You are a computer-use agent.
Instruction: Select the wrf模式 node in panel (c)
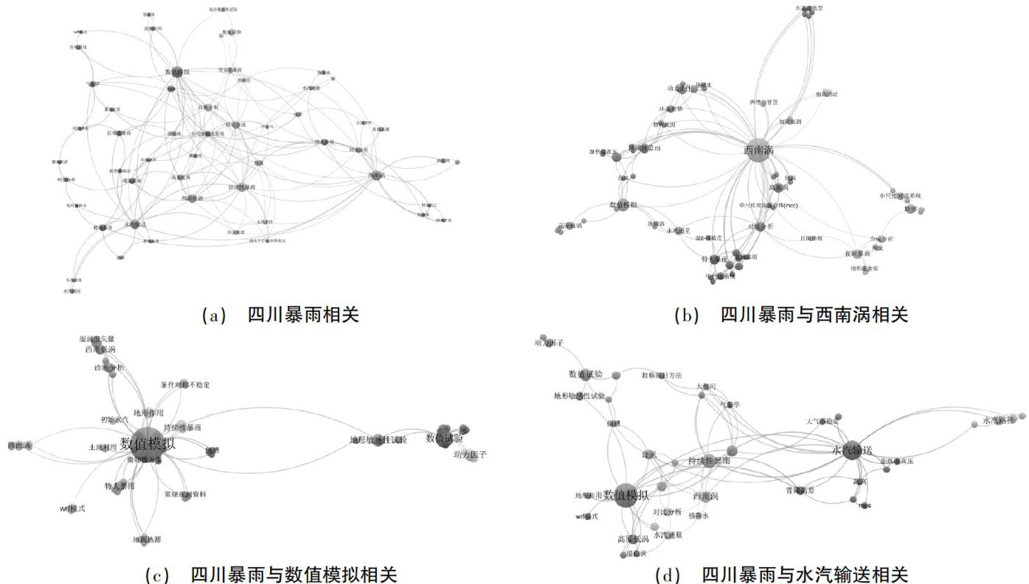click(x=72, y=509)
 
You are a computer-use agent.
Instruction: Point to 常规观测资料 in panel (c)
click(x=184, y=494)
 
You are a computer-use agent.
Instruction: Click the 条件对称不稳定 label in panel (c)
click(x=185, y=385)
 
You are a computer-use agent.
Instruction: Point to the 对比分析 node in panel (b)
click(x=760, y=226)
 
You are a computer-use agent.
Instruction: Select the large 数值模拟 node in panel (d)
click(x=625, y=495)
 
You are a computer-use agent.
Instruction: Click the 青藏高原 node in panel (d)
click(x=801, y=489)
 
